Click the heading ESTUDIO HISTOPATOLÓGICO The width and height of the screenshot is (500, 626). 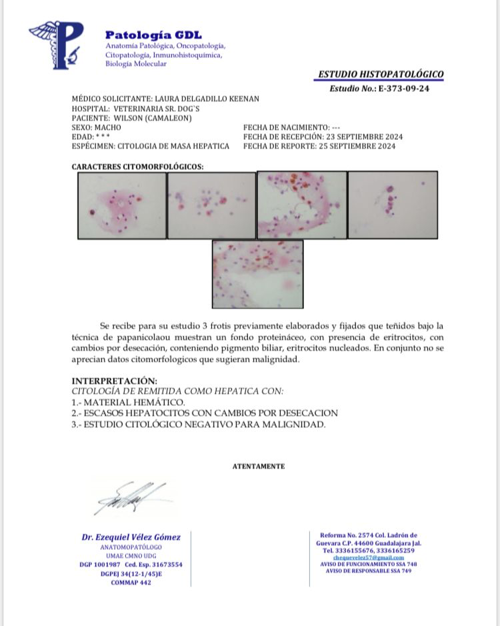coord(381,75)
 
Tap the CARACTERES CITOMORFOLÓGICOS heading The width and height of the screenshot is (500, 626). coord(137,166)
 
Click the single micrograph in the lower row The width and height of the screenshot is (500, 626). coord(257,273)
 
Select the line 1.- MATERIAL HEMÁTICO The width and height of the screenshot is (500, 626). coord(128,403)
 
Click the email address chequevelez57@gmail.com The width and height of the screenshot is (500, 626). coord(368,557)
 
